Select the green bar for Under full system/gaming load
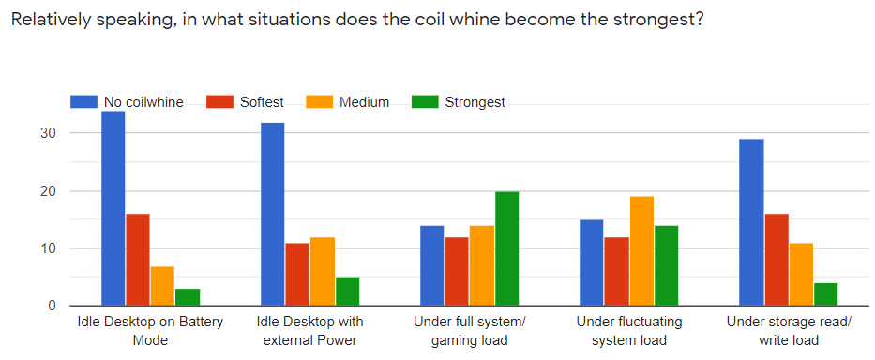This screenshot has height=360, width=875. click(506, 248)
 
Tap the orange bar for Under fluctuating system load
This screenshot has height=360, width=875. click(641, 251)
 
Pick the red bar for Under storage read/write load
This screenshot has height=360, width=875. click(777, 260)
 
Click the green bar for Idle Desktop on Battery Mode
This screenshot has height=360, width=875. click(187, 297)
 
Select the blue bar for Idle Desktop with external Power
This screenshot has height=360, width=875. click(272, 214)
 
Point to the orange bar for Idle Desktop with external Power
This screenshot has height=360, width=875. click(322, 272)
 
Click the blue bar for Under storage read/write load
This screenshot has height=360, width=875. click(752, 222)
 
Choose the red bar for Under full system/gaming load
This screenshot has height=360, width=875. click(457, 272)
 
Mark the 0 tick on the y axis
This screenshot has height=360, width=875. click(53, 306)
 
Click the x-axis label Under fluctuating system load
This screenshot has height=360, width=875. click(629, 331)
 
